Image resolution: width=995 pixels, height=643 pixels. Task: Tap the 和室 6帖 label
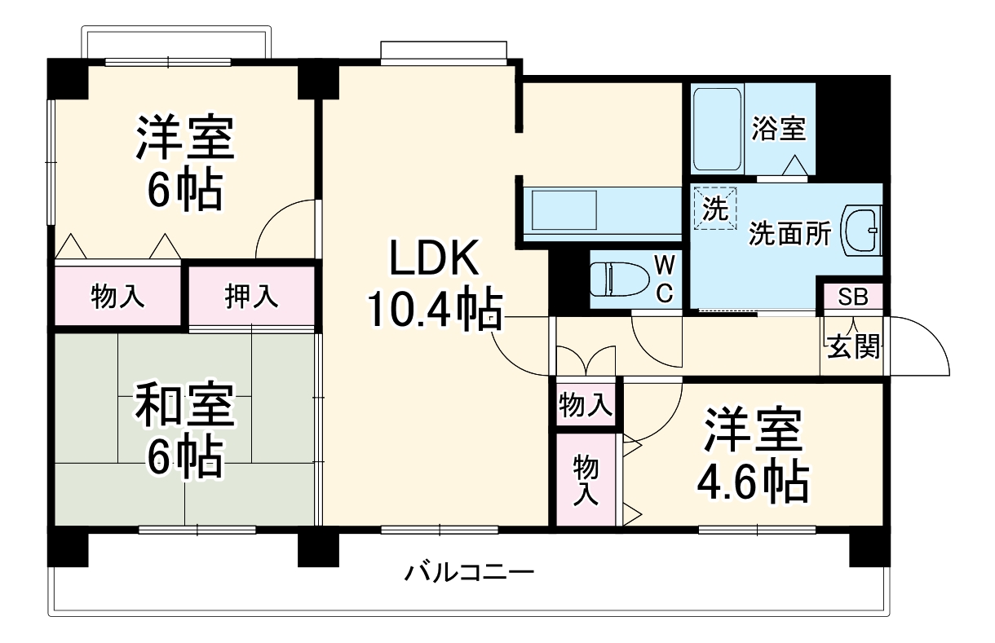pyautogui.click(x=185, y=431)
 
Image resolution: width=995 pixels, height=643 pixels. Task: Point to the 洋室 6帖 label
pyautogui.click(x=185, y=162)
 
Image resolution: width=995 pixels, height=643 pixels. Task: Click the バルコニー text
pyautogui.click(x=470, y=571)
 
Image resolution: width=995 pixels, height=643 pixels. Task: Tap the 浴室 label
pyautogui.click(x=779, y=129)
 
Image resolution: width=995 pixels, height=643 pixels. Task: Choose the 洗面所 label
pyautogui.click(x=789, y=235)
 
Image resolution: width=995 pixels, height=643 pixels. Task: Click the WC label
pyautogui.click(x=665, y=279)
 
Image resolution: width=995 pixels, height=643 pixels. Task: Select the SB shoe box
pyautogui.click(x=853, y=297)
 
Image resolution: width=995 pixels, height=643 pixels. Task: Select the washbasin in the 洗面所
pyautogui.click(x=860, y=230)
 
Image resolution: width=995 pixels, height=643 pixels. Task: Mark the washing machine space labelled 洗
pyautogui.click(x=714, y=209)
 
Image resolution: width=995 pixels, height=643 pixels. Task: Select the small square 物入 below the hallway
pyautogui.click(x=586, y=404)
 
